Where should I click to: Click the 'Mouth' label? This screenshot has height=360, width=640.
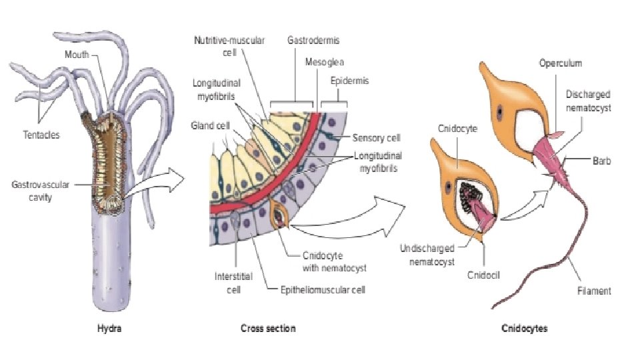pos(77,54)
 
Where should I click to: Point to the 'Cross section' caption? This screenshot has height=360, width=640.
pos(268,328)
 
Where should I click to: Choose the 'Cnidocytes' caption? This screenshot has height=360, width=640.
pos(525,328)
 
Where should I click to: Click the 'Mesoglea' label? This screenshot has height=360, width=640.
pos(325,61)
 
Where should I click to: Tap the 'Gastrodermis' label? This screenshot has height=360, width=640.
pos(313,41)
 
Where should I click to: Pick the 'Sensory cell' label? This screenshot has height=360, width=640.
pos(377,138)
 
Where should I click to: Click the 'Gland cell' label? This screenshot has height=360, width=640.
pos(207,125)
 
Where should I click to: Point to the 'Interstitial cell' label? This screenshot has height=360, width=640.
pos(228,283)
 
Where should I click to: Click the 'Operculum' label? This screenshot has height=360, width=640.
pos(561,63)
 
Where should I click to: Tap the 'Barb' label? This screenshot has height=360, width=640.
pos(601,160)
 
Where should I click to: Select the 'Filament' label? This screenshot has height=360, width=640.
pos(594,291)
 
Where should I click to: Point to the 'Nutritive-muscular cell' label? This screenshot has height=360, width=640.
pos(229,45)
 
